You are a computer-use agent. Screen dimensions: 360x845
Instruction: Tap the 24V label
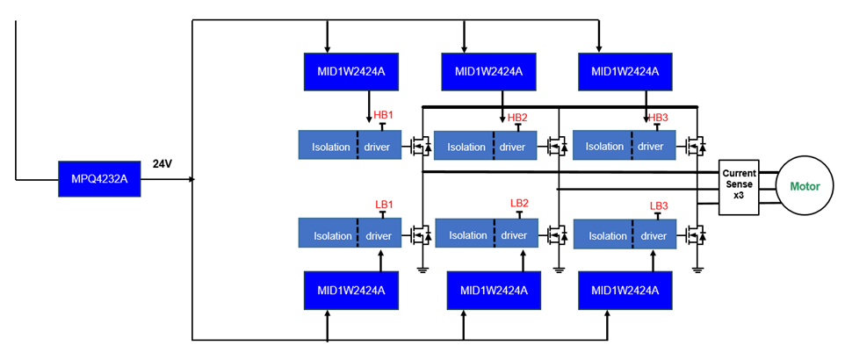coord(163,164)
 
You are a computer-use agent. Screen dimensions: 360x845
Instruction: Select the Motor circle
coord(805,186)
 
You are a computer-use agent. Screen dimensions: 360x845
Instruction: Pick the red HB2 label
coord(517,118)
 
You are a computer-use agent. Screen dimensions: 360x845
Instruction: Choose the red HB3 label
coord(658,118)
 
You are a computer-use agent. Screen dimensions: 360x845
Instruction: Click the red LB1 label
coord(384,205)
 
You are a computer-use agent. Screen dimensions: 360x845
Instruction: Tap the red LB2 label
coord(519,203)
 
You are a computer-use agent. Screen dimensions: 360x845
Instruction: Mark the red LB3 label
coord(659,205)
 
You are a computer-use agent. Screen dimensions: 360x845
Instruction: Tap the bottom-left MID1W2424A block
coord(345,291)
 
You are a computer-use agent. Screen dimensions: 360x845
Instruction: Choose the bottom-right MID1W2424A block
coord(625,291)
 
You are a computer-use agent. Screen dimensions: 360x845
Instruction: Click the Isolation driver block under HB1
coord(350,146)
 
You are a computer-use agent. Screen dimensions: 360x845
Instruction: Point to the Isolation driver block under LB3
coord(624,235)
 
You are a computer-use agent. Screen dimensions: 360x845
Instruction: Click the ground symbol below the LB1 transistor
coord(422,269)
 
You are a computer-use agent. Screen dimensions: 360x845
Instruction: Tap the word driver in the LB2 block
coord(514,235)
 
